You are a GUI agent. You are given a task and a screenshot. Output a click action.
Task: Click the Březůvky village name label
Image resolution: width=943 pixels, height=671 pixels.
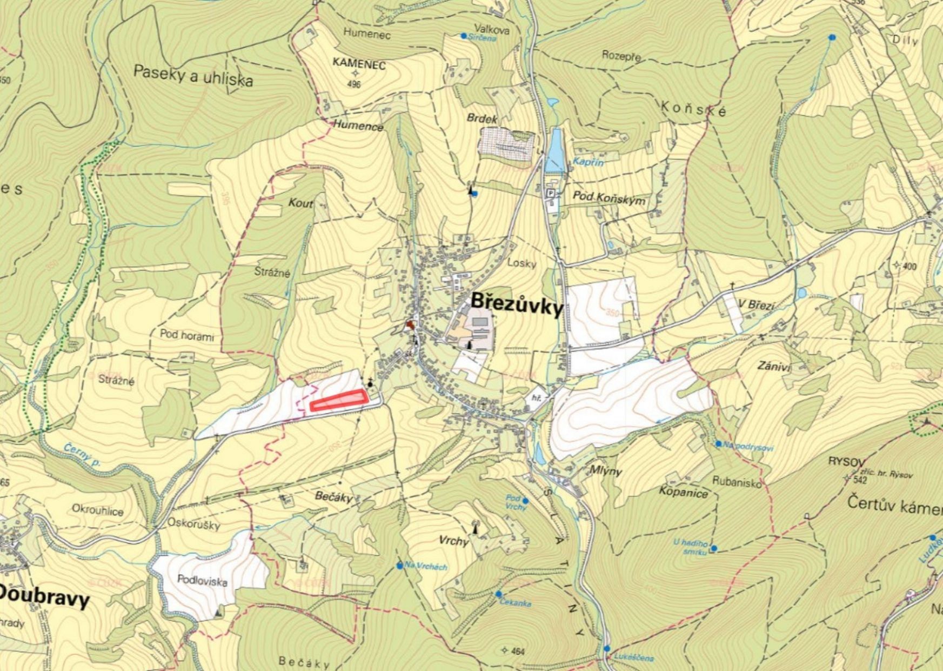517,304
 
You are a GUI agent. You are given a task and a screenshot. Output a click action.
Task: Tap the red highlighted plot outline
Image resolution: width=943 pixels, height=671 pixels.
339,401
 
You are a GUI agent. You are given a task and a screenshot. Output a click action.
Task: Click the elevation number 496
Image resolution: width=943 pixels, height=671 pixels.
354,84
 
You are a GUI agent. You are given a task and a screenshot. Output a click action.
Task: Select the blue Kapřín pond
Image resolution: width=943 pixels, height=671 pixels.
555,149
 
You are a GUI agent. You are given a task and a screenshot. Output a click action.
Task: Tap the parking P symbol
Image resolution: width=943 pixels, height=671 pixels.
551,193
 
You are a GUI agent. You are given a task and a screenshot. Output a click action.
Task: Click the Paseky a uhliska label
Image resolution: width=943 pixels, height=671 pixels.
193,76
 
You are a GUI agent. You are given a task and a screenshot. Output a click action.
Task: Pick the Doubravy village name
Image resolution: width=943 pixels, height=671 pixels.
43,596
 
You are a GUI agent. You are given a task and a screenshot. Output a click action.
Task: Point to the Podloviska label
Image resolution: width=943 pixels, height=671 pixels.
202,581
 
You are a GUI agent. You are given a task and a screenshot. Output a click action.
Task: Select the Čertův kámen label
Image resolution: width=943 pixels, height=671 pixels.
894,506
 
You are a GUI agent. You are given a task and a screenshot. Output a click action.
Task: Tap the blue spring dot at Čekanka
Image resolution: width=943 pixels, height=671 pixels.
498,594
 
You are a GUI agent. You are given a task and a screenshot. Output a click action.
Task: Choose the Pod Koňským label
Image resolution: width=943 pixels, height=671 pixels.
609,198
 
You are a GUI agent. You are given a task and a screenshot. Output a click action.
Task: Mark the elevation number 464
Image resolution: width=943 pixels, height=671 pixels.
517,652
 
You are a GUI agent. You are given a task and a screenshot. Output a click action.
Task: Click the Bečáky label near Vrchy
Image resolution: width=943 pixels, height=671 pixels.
334,497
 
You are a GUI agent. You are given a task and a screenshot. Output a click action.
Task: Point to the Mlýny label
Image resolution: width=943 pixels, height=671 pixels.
606,470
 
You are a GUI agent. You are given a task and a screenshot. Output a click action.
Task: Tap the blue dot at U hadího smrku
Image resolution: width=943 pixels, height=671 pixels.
714,548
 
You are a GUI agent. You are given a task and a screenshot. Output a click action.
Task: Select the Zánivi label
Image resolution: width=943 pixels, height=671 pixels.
774,366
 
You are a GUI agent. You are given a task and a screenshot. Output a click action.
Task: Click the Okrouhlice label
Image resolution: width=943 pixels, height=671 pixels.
98,510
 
